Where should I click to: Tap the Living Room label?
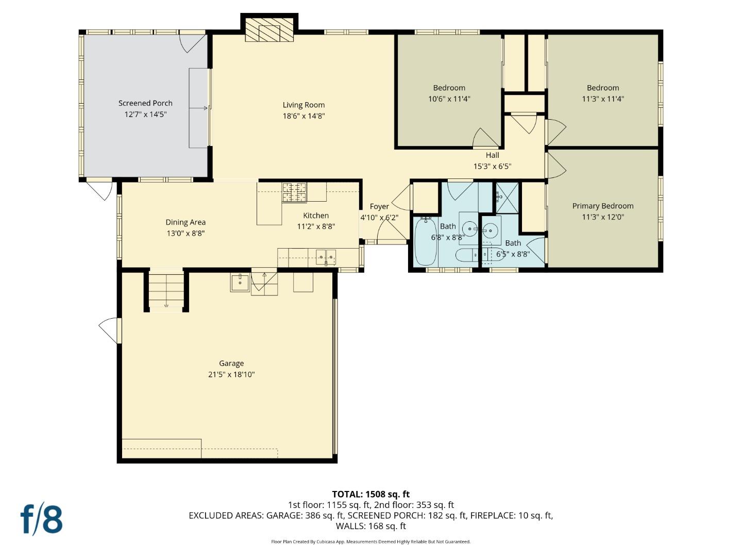(303, 105)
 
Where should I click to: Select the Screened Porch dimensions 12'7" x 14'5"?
(145, 114)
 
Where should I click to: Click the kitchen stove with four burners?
(294, 192)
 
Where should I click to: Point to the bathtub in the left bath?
(426, 241)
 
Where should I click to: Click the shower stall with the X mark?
(507, 198)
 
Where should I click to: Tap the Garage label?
(231, 364)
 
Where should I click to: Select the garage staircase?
(166, 290)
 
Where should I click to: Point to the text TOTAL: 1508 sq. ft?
(370, 494)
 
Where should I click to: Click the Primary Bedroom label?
(603, 206)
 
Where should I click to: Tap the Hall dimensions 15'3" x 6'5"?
(492, 167)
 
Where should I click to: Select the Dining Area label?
(185, 222)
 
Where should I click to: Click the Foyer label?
(379, 206)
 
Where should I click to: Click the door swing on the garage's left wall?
(109, 330)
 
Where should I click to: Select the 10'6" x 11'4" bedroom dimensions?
(449, 99)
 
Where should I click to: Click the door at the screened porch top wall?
(192, 41)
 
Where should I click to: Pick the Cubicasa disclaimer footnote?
(370, 542)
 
